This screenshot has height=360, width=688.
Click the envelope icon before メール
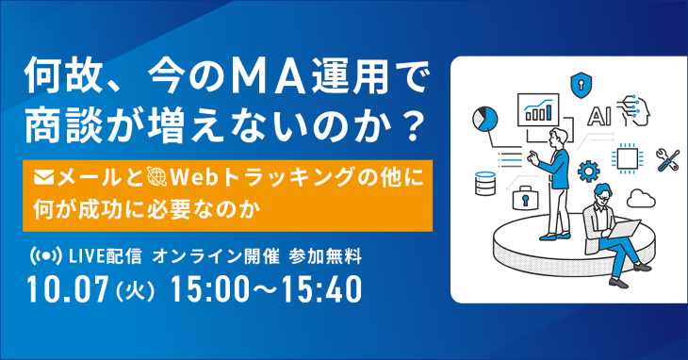coord(44,174)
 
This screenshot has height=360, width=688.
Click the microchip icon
coord(626,156)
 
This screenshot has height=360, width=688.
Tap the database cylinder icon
coord(487,183)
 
